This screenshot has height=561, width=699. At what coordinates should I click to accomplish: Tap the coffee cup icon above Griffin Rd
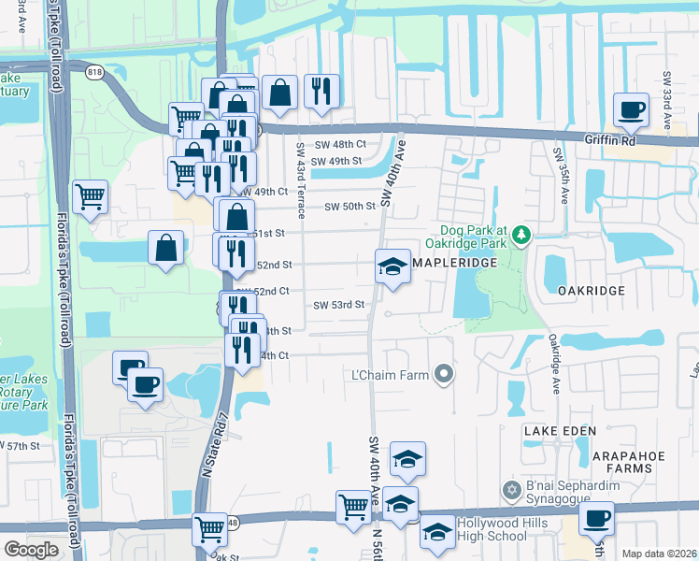[632, 111]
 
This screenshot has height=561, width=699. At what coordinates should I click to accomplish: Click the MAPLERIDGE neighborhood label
[453, 263]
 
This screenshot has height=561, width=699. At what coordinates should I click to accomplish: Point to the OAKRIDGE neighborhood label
[591, 291]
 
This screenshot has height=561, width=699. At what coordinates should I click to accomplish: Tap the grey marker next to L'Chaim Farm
[444, 375]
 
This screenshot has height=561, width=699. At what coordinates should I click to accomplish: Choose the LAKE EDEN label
[554, 430]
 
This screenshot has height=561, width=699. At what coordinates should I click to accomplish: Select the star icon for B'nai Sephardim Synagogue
[511, 490]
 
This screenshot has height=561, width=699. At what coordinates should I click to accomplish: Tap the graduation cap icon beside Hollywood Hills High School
[435, 531]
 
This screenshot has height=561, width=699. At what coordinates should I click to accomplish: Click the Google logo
[31, 550]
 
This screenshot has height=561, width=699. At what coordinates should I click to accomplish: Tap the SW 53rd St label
[337, 305]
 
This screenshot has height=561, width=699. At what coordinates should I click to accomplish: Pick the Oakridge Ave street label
[553, 364]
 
